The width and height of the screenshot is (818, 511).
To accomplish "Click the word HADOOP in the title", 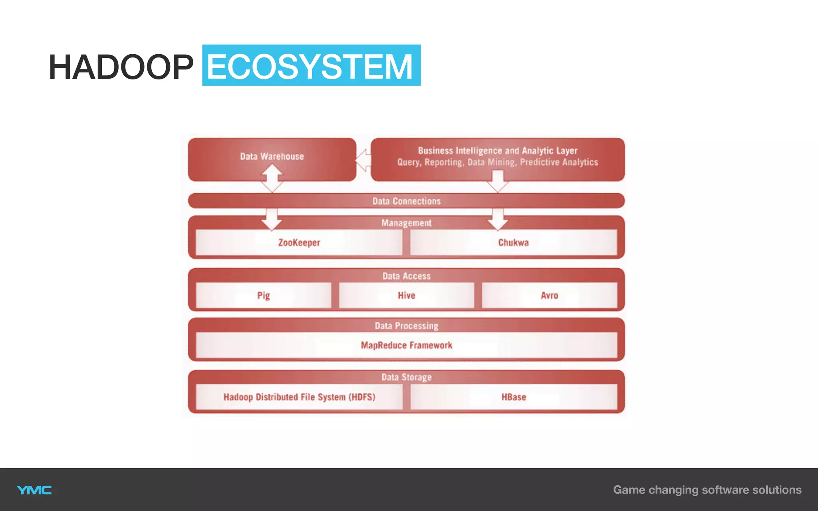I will [121, 67].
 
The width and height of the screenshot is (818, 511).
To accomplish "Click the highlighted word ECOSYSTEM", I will [311, 66].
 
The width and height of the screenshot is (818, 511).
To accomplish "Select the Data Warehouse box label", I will [272, 156].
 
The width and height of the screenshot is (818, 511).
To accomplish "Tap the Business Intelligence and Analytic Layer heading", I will [498, 151].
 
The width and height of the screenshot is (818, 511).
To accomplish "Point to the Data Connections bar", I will [406, 201].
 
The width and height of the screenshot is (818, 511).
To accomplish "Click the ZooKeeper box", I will [299, 243].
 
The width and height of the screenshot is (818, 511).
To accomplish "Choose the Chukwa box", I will [513, 243].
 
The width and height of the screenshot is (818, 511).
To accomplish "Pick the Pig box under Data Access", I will [264, 296].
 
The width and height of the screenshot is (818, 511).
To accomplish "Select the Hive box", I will [406, 296].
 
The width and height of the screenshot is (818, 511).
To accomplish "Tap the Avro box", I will [549, 296].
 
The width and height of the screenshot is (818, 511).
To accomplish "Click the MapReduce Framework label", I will [406, 345].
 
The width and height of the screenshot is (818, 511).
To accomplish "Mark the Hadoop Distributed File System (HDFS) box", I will [299, 397].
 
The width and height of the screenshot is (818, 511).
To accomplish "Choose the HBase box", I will [514, 397].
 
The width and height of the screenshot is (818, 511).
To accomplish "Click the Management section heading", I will [406, 223].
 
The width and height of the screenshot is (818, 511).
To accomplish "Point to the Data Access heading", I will [406, 276].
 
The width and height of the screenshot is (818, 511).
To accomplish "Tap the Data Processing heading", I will [406, 326].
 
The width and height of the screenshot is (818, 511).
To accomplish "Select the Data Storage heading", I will [406, 377].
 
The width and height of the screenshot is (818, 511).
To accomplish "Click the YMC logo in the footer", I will [34, 490].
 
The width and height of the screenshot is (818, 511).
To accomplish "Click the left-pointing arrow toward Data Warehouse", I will [363, 160].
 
